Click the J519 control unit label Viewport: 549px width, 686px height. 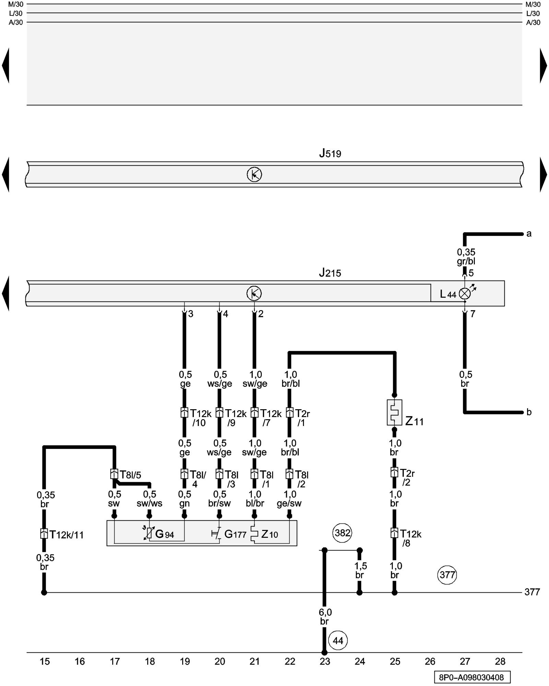(x=330, y=153)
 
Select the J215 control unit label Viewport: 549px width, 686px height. (x=330, y=273)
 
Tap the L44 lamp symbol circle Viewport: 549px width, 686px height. (x=465, y=294)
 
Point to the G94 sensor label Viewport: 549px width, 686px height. (x=164, y=534)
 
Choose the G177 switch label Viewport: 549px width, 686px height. (x=235, y=534)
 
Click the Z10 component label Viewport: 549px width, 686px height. (x=269, y=534)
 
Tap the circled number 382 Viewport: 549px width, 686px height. (x=342, y=533)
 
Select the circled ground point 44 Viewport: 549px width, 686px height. (x=338, y=640)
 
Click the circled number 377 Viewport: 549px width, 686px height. (x=447, y=575)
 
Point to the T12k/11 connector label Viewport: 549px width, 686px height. (x=66, y=535)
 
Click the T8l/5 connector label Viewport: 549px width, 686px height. (x=130, y=475)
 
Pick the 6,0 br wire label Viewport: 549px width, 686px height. (x=325, y=616)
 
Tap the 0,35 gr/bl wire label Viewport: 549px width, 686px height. (x=466, y=257)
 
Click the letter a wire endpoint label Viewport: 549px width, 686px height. (x=529, y=234)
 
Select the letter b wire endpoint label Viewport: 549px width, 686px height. (x=529, y=412)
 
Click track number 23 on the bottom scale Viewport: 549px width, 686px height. (x=325, y=661)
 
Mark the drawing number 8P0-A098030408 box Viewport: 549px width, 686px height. (x=472, y=677)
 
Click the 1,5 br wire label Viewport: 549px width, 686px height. (x=360, y=570)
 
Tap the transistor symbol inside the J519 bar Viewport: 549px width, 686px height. (x=254, y=175)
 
